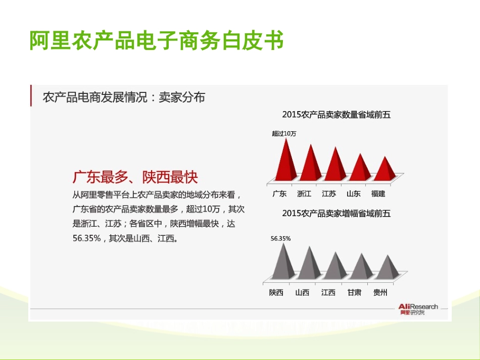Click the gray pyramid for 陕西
283,263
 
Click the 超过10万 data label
284,133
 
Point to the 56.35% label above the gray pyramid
280,238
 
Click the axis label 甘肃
354,292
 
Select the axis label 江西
328,292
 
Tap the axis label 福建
378,193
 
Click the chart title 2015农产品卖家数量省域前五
336,115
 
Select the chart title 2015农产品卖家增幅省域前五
336,214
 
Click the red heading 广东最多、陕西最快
135,177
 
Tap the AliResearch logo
417,309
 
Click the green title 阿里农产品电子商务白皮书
156,41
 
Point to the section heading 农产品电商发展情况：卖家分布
124,97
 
